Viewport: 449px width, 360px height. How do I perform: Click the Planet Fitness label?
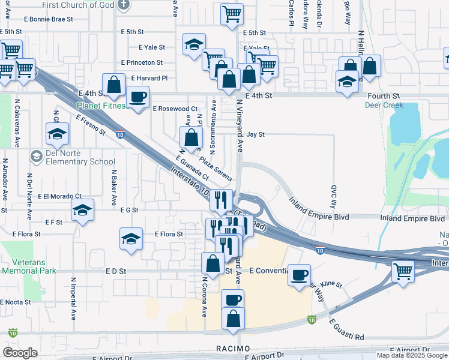[x=101, y=106]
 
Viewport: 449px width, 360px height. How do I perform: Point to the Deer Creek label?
[x=384, y=105]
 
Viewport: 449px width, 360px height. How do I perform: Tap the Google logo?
[x=20, y=352]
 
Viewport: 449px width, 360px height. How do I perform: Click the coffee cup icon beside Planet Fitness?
[x=137, y=97]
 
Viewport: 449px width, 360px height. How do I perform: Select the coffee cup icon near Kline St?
[x=299, y=275]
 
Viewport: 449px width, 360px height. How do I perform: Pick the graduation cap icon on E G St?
[x=82, y=210]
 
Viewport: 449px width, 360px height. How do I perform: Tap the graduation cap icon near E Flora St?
[x=131, y=239]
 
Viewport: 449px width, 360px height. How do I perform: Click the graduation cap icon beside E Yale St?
[x=194, y=44]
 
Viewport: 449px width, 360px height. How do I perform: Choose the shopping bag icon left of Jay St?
[x=191, y=137]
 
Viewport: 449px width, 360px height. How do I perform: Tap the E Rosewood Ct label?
[x=175, y=109]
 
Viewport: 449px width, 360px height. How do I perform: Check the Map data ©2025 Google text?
[x=411, y=355]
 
